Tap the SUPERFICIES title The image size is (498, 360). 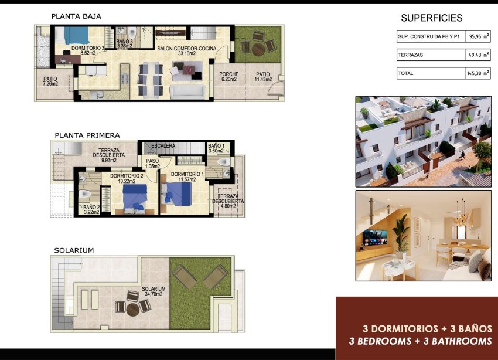431,18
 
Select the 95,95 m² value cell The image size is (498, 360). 477,36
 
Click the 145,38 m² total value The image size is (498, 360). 477,73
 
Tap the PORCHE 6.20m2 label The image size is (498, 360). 228,77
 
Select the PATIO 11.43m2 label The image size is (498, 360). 262,77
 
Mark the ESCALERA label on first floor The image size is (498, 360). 162,145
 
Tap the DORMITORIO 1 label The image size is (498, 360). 186,176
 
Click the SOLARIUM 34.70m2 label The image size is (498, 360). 154,291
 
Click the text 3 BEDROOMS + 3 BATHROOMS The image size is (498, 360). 419,341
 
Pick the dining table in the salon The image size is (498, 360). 150,79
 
